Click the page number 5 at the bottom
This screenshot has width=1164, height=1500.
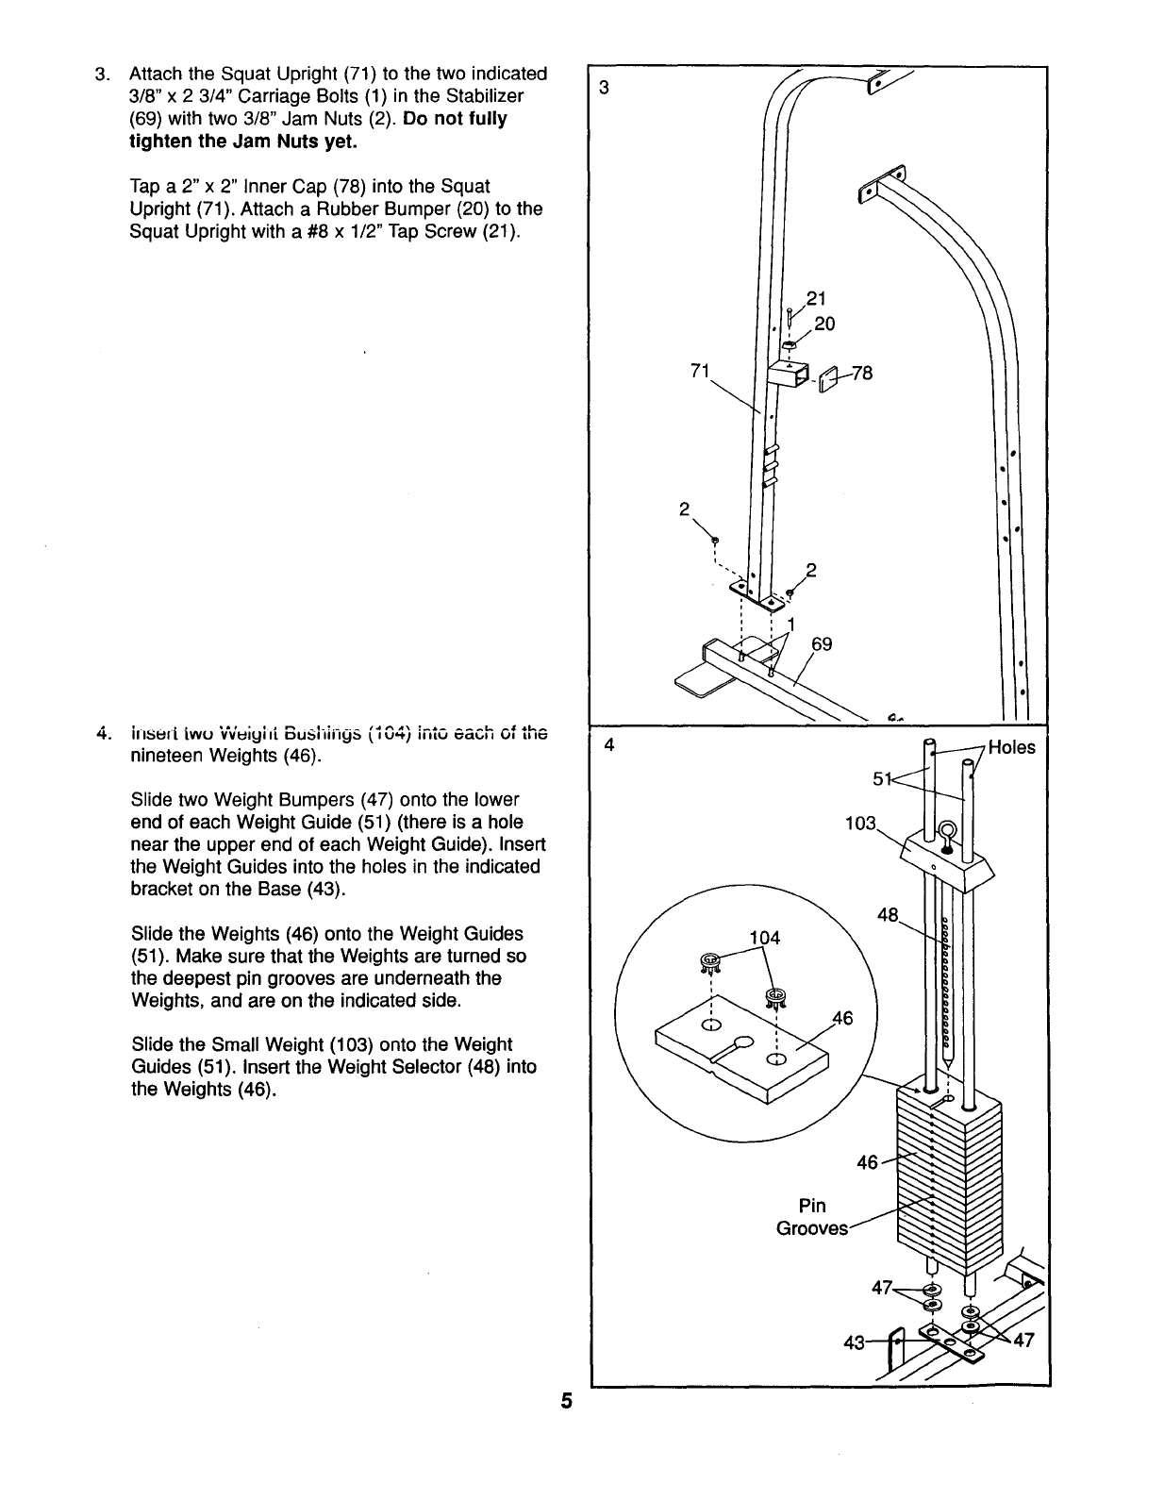coord(566,1401)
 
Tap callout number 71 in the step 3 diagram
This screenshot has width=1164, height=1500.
coord(699,371)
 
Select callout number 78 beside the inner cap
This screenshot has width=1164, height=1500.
coord(862,374)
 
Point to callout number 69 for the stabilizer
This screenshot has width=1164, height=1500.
coord(822,644)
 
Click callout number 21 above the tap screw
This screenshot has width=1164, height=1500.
coord(815,299)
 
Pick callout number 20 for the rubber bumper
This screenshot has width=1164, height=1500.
coord(823,324)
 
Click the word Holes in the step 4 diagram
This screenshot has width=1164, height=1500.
coord(1011,748)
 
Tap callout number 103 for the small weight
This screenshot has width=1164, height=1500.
coord(861,823)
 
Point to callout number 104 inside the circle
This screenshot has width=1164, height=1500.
coord(764,938)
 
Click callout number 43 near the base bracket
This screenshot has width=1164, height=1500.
coord(854,1343)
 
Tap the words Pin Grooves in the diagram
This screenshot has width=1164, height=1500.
coord(812,1217)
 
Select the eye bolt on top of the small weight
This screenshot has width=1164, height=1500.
coord(946,835)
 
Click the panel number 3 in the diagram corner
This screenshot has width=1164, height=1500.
coord(605,89)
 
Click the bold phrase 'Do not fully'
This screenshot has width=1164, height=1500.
coord(455,119)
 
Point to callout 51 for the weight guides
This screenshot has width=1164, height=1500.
coord(882,778)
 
